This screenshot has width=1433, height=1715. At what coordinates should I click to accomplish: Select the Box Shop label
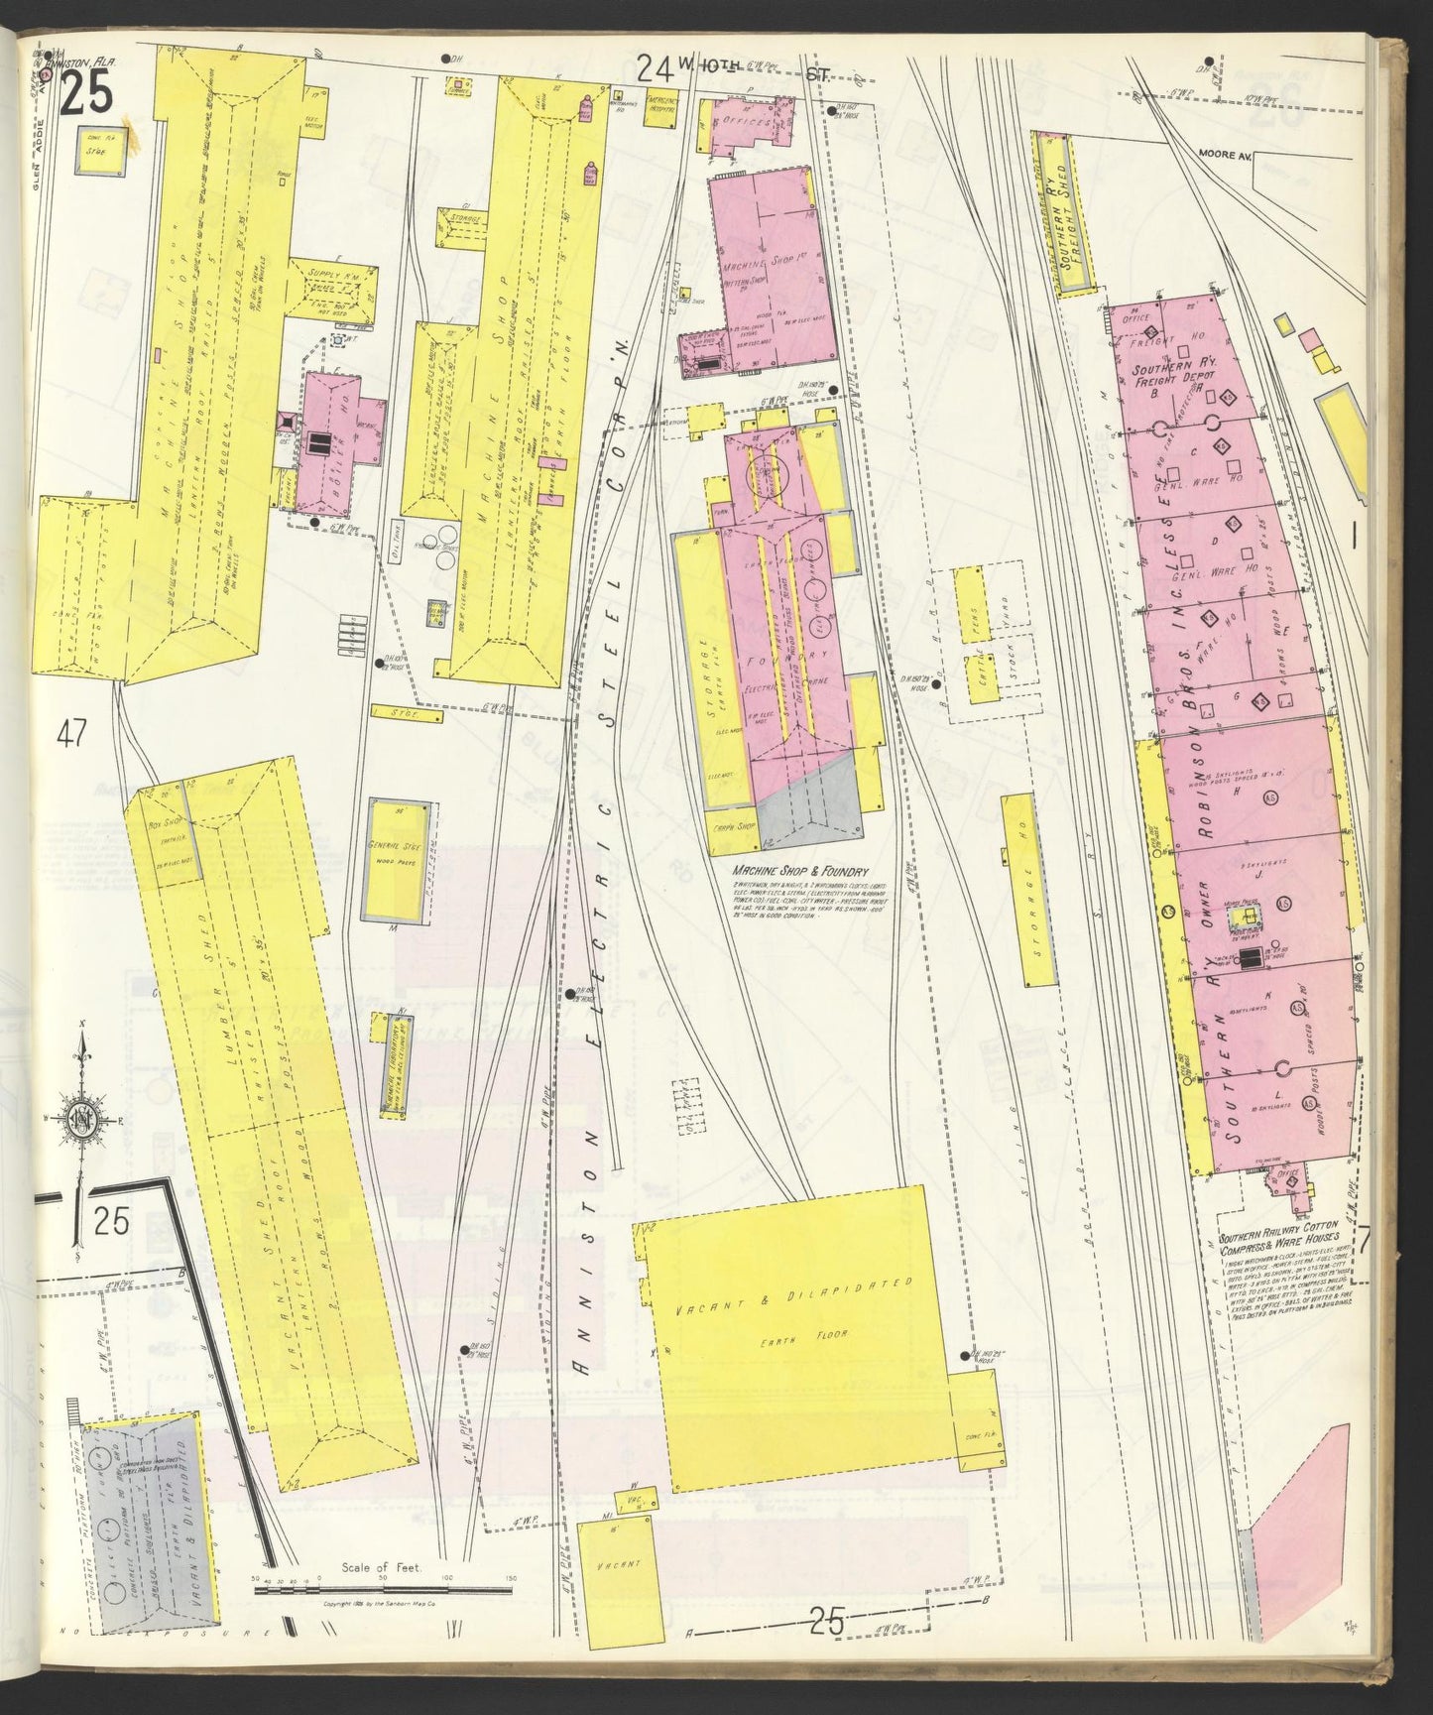click(x=162, y=821)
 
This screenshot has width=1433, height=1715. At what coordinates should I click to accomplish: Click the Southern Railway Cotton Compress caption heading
click(x=1279, y=1245)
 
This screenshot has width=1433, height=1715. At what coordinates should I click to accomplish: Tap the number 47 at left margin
click(x=71, y=734)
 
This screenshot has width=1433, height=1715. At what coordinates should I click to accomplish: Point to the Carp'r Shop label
click(x=731, y=825)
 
